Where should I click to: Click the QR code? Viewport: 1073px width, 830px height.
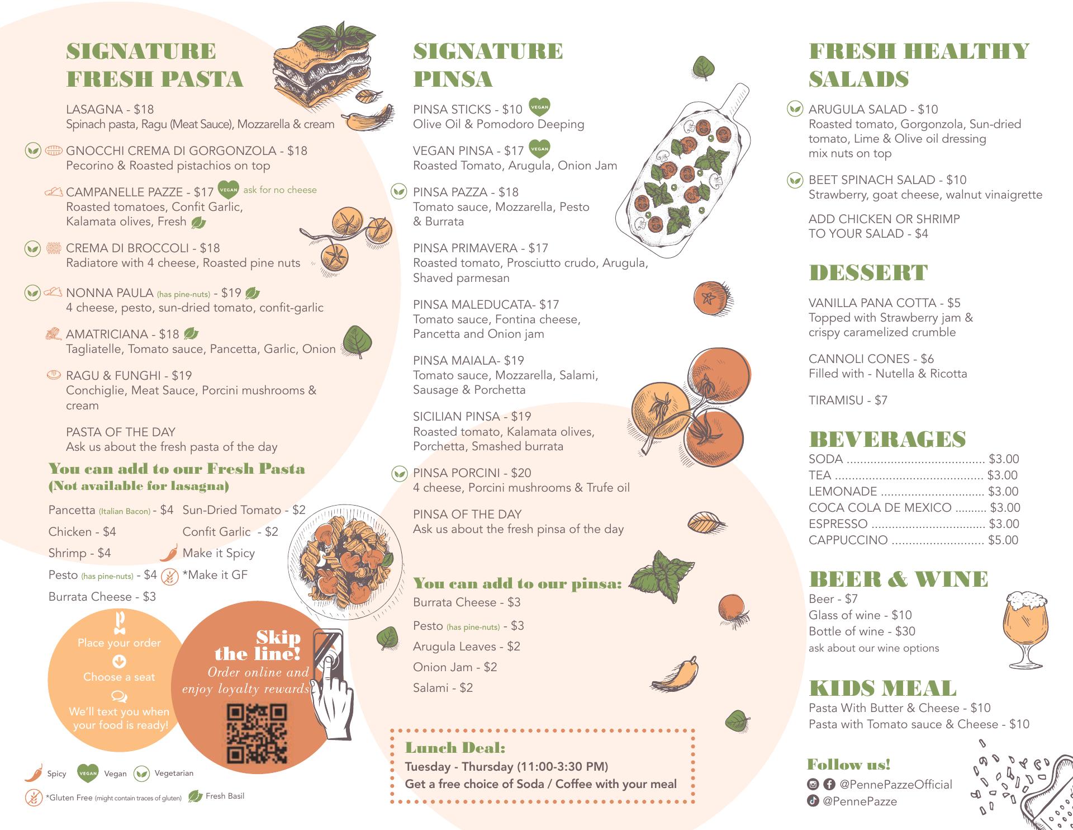coord(257,734)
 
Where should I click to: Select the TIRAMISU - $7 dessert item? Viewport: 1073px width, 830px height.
coord(848,400)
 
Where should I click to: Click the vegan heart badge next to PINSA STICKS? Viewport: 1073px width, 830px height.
coord(539,107)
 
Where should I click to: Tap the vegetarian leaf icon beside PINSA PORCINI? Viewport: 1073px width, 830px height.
coord(399,473)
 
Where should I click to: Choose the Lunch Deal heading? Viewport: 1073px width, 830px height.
coord(455,748)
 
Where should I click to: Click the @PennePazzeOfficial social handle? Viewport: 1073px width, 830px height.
coord(896,784)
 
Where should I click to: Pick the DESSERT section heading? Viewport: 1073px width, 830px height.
coord(868,272)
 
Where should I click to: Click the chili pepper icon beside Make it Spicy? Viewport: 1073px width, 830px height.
coord(169,553)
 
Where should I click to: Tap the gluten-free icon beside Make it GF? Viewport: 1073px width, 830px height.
coord(169,576)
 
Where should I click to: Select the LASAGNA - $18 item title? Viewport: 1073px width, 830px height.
coord(110,109)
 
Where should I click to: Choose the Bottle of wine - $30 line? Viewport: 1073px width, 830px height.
coord(862,631)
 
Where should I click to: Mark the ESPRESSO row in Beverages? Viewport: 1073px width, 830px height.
coord(914,524)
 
